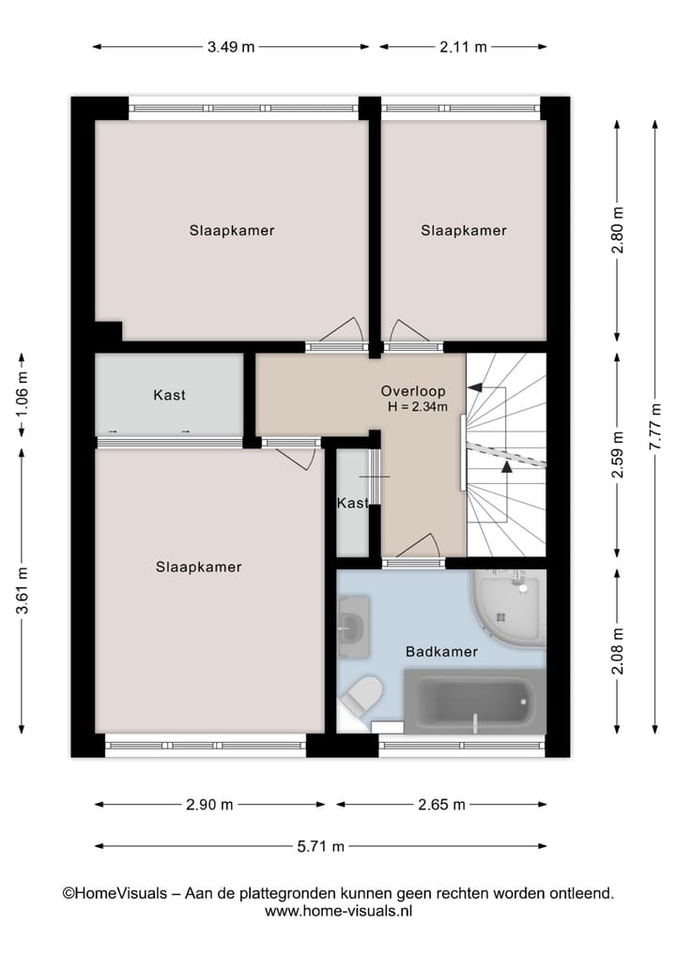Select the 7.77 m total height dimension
point(656,428)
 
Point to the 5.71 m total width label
point(321,846)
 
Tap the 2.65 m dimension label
point(441,805)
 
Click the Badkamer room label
point(441,651)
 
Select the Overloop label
point(413,390)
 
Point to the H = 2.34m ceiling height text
point(417,407)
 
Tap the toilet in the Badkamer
point(361,697)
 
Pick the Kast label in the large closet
point(169,395)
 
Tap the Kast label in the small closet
point(352,504)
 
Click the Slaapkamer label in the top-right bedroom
point(463,231)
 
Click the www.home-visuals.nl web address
point(338,911)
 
